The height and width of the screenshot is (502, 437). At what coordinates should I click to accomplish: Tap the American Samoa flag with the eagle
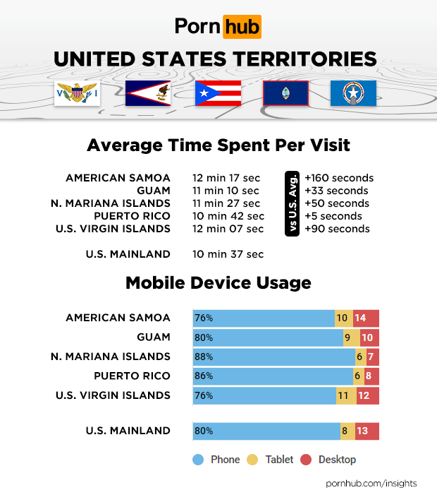(x=148, y=93)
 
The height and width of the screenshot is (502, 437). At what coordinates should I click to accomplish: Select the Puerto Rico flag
(x=218, y=93)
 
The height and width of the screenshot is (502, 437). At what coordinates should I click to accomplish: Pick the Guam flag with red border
(x=285, y=93)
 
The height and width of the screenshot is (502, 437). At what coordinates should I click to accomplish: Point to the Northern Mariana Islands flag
(x=353, y=93)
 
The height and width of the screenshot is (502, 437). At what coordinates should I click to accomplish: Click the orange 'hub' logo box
(x=242, y=28)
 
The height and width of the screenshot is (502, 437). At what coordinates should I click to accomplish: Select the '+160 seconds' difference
(x=338, y=178)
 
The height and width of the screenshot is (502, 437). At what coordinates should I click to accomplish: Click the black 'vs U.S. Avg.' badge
(x=291, y=203)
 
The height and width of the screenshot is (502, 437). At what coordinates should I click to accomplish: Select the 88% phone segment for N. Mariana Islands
(x=273, y=357)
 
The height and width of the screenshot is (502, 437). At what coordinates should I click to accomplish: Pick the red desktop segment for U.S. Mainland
(x=367, y=431)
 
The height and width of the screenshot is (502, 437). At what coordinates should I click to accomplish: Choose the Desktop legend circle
(x=306, y=460)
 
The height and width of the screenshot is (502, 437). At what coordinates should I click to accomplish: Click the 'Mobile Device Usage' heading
(x=218, y=283)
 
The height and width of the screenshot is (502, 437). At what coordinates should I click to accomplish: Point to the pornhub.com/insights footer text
(x=371, y=484)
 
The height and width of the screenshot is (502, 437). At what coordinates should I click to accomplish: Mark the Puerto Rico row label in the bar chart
(x=132, y=376)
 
